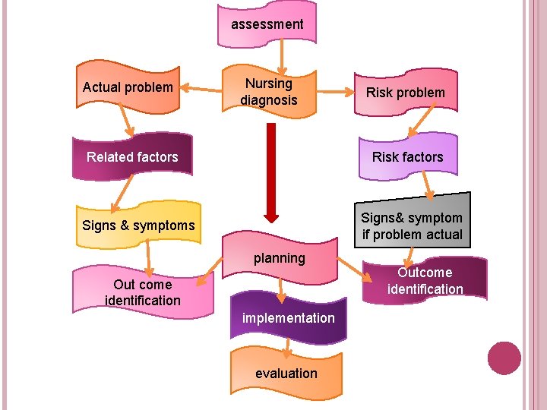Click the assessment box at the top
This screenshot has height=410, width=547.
(267, 24)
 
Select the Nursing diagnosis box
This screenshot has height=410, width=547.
(268, 92)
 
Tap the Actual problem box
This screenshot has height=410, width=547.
(128, 87)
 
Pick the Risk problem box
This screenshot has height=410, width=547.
(406, 93)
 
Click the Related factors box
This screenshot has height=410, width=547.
(132, 157)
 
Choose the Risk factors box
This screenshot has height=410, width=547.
(407, 157)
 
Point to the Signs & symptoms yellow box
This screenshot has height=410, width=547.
(138, 225)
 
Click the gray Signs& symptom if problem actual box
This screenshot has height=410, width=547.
(412, 225)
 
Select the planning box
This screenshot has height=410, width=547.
(280, 258)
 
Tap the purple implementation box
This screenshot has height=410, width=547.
(288, 317)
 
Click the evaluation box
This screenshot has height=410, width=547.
(286, 373)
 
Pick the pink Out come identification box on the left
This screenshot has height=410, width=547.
(143, 292)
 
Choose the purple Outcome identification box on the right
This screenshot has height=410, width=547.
(425, 280)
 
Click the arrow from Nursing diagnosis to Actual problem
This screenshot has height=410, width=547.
(201, 90)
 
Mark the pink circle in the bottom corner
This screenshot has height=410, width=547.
(504, 358)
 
